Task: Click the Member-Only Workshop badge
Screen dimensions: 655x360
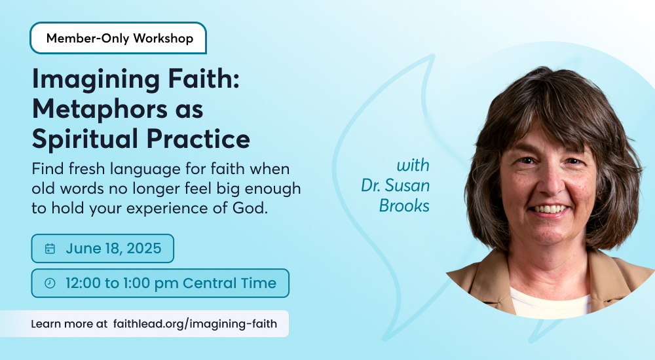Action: [x=118, y=38]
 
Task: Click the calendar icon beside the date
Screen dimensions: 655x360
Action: [x=50, y=249]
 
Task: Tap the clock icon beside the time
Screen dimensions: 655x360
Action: [x=50, y=283]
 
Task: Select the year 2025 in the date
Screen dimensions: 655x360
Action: [x=143, y=249]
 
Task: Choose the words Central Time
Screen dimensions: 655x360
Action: [x=229, y=283]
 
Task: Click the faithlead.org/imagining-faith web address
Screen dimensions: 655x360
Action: [x=195, y=324]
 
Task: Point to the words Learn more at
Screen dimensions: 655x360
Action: [x=69, y=324]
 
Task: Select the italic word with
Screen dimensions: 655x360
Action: [x=413, y=166]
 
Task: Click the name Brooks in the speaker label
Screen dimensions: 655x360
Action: [x=404, y=206]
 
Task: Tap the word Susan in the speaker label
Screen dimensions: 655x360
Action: [x=407, y=185]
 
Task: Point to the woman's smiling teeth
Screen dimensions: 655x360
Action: [x=550, y=208]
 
